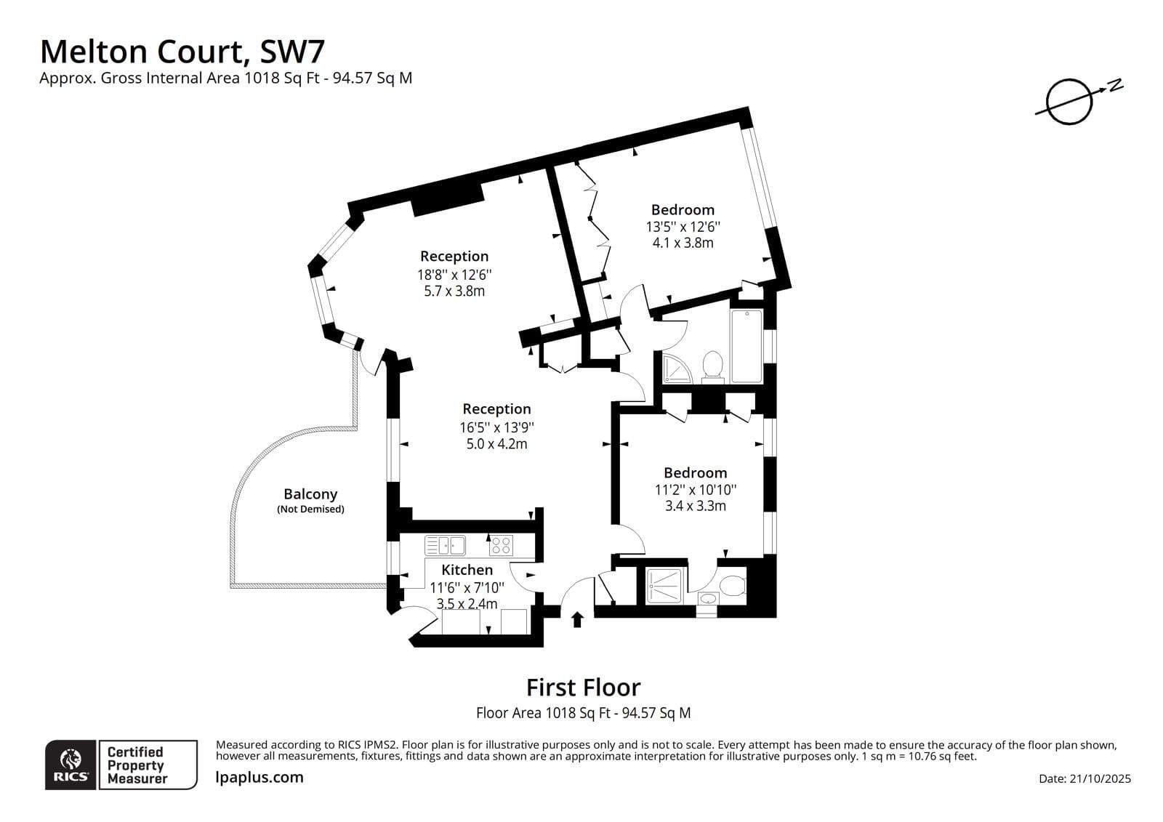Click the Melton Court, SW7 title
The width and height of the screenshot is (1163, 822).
pos(182,52)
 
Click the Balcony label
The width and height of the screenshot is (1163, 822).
pos(310,494)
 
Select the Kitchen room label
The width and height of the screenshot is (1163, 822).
pos(467,570)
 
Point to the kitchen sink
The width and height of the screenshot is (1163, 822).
pos(445,545)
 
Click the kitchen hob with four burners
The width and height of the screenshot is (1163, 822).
pos(500,545)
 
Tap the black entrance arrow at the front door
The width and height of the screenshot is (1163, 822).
pos(578,619)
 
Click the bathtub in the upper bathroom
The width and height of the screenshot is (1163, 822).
pos(746,346)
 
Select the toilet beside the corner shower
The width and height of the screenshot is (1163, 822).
pos(712,366)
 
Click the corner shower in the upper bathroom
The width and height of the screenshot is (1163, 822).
pos(676,368)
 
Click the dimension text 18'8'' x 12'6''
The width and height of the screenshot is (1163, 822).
pos(454,275)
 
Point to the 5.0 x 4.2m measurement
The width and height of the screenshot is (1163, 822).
pos(496,443)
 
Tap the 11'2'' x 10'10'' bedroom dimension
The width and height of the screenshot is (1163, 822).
pos(695,490)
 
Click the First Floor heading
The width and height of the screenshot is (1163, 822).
pos(583,688)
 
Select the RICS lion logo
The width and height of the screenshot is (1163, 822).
pos(71,765)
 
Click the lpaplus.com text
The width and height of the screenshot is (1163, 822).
pos(259,777)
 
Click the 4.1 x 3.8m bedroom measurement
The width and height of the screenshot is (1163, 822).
pos(683,243)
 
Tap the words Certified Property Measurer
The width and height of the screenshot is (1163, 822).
pos(137,765)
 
